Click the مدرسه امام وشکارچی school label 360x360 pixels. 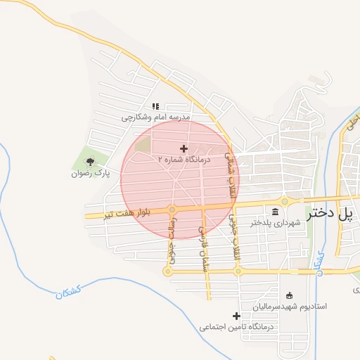156,117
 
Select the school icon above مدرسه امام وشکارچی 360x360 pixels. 156,106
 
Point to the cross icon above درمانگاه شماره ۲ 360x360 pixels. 184,148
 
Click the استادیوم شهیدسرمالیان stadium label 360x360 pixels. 290,307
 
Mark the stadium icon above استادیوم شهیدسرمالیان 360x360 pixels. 290,295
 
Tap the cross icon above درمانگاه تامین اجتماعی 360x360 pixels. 237,316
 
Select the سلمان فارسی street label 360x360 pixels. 202,243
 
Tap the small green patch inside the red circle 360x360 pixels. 143,146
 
